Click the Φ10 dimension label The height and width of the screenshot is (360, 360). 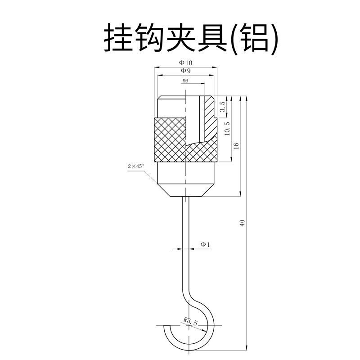[185, 63]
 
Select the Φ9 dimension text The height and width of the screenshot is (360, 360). [185, 71]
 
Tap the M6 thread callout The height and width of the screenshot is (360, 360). [185, 81]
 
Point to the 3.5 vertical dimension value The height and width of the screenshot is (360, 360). [222, 107]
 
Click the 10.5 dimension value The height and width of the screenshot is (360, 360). [227, 129]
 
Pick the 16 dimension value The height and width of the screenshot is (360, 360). [236, 145]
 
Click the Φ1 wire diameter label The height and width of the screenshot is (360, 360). [205, 244]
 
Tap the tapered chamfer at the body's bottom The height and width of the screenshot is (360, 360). [185, 189]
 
